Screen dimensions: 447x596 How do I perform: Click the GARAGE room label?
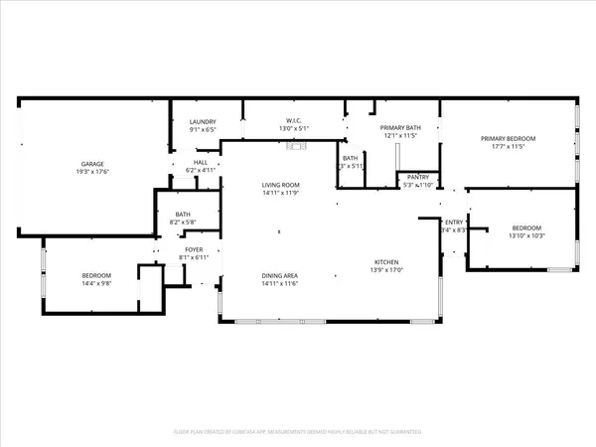click(92, 164)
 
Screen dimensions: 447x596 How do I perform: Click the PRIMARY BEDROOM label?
click(508, 138)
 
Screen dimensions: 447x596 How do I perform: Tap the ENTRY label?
click(454, 223)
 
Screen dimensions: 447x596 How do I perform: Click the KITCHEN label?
click(387, 262)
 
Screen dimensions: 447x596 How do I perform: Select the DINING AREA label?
click(280, 276)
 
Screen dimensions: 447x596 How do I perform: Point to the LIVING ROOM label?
click(280, 185)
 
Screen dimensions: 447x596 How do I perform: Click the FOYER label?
click(194, 249)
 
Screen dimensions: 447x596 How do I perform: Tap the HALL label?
click(201, 162)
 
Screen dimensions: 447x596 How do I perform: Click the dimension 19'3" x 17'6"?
click(92, 172)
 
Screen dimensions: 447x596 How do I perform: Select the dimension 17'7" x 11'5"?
click(508, 147)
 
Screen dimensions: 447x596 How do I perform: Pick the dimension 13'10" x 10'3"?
click(526, 235)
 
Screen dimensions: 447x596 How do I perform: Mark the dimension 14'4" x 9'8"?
click(96, 283)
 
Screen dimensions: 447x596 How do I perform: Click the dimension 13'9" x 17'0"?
click(387, 270)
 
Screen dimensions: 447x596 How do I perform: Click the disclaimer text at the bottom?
click(298, 432)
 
